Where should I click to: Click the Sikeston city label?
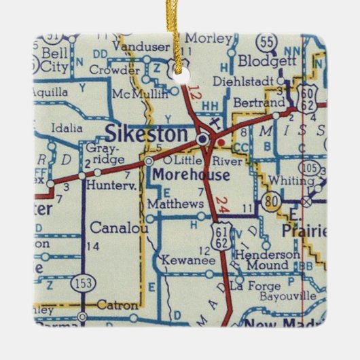click(146, 134)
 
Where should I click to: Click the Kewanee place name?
click(183, 260)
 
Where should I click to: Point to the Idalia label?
click(67, 127)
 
